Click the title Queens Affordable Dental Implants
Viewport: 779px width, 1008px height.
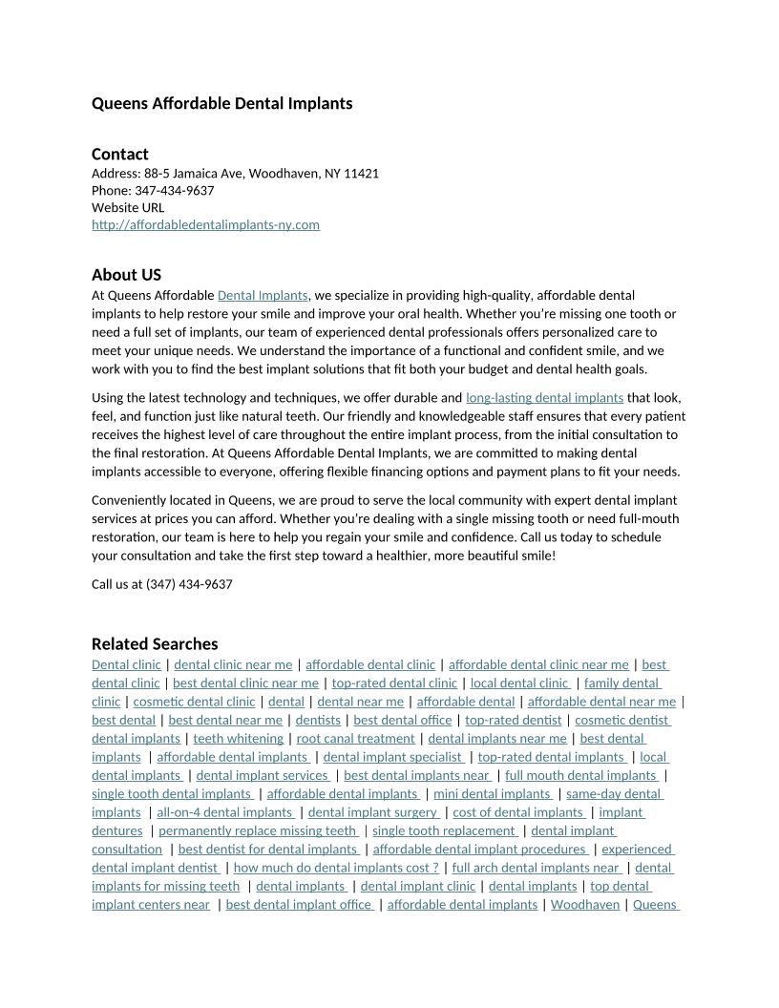coord(221,103)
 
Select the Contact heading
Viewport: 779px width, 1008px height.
coord(120,154)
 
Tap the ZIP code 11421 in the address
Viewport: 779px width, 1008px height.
coord(362,174)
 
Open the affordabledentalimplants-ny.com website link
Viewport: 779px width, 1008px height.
coord(205,225)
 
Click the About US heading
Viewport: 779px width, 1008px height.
coord(126,275)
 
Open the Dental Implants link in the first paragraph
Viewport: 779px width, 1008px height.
coord(263,296)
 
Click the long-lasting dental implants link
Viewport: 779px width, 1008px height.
coord(544,398)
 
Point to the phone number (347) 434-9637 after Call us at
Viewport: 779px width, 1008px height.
coord(189,584)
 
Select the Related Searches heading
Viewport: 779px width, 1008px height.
coord(155,643)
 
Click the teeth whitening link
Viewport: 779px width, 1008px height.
coord(238,739)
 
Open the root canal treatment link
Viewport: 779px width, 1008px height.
coord(355,739)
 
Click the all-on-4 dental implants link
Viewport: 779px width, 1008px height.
coord(224,812)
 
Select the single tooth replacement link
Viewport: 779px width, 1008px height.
coord(444,831)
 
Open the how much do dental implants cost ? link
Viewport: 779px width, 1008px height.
coord(336,868)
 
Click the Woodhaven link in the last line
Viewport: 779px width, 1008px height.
coord(585,905)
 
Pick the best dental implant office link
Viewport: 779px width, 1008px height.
coord(299,905)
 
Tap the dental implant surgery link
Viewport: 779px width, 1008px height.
coord(373,812)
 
